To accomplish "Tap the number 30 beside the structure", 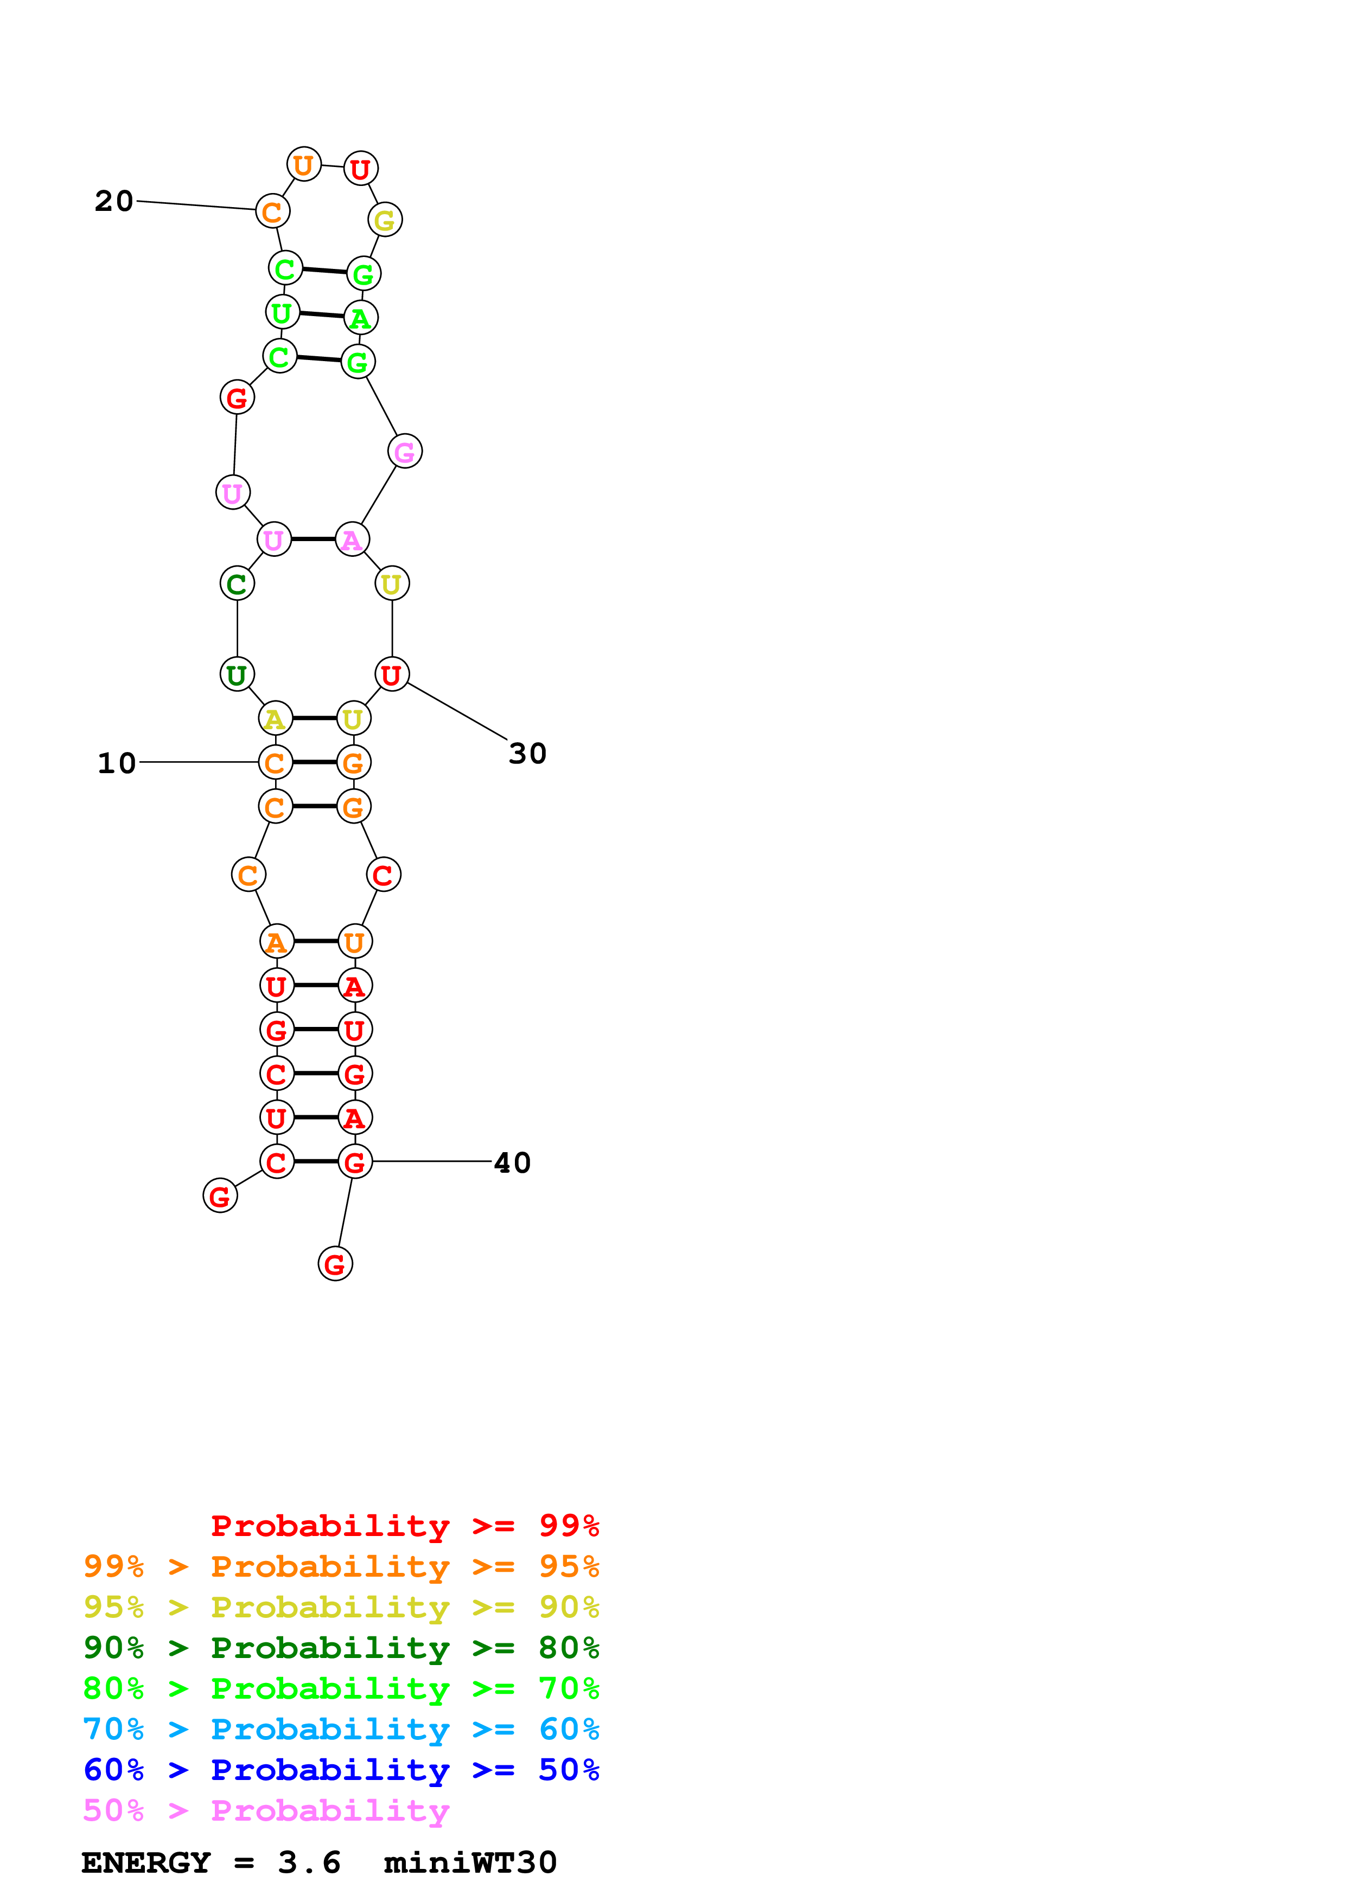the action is coord(527,754).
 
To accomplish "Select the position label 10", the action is coord(116,763).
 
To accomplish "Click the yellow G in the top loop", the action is coord(385,220).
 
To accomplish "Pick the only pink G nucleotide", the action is coord(404,452).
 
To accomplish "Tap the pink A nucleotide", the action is coord(352,540).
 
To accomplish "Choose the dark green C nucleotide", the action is coord(237,584).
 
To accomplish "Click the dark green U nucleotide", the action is coord(237,674).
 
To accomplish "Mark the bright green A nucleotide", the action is coord(360,318).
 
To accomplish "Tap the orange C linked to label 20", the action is coord(273,212).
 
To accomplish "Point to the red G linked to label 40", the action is coord(355,1162).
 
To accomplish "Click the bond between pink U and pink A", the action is coord(313,539).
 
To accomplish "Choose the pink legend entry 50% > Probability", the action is coord(266,1811).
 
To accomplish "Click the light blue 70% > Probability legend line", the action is coord(341,1730).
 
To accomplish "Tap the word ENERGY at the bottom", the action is coord(146,1863).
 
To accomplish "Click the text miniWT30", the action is coord(470,1863).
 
